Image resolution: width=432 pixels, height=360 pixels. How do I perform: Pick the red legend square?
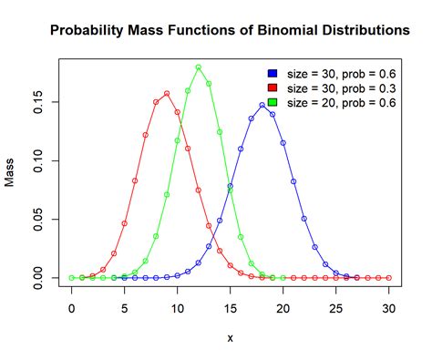273,87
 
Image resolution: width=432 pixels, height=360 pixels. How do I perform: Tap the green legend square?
273,102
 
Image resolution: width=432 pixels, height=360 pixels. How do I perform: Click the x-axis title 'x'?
231,337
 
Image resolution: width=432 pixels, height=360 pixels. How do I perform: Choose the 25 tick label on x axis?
336,308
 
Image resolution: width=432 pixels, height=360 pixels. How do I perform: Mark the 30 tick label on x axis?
389,308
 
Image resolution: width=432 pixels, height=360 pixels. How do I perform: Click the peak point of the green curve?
199,67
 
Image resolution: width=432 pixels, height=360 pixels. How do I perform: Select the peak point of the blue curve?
262,105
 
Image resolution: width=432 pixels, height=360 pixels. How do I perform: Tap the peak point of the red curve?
167,93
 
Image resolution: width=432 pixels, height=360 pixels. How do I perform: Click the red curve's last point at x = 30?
389,277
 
